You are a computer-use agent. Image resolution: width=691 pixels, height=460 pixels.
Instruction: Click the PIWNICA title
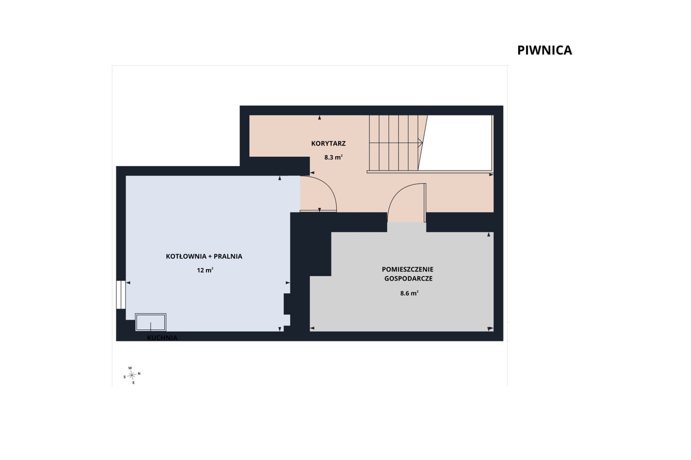pos(544,50)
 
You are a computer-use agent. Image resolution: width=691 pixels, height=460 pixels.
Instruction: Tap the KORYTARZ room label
pos(328,143)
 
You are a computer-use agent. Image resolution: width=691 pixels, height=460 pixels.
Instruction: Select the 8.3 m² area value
pos(333,158)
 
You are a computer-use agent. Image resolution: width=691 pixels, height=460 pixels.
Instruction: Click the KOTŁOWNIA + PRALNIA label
pos(204,256)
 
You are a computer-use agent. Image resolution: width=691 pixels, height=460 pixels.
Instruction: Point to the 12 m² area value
pos(205,270)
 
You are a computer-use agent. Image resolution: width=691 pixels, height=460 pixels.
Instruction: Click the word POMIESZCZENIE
pos(407,269)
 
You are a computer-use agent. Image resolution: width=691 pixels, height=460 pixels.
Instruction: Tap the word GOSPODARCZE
pos(409,279)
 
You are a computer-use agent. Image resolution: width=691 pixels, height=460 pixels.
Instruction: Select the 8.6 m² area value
pos(409,293)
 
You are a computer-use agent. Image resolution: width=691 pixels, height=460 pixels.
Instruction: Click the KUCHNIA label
pos(162,338)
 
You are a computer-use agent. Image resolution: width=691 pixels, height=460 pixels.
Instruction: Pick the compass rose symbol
pos(132,375)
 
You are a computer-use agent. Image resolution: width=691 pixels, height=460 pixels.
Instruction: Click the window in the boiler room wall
pos(121,295)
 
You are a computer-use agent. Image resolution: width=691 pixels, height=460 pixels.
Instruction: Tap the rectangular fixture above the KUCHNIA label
pos(151,322)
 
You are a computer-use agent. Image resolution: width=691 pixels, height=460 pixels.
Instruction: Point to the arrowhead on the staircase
pos(420,143)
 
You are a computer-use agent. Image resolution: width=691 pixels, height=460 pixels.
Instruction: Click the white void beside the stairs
pos(456,143)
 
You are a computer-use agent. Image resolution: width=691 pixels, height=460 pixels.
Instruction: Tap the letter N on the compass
pos(139,374)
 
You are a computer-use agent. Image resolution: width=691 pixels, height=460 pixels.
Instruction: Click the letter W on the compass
pos(130,368)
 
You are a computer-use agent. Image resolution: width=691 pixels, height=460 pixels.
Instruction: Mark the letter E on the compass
pos(134,382)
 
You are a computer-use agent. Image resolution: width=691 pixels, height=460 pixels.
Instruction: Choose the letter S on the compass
pos(125,377)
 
